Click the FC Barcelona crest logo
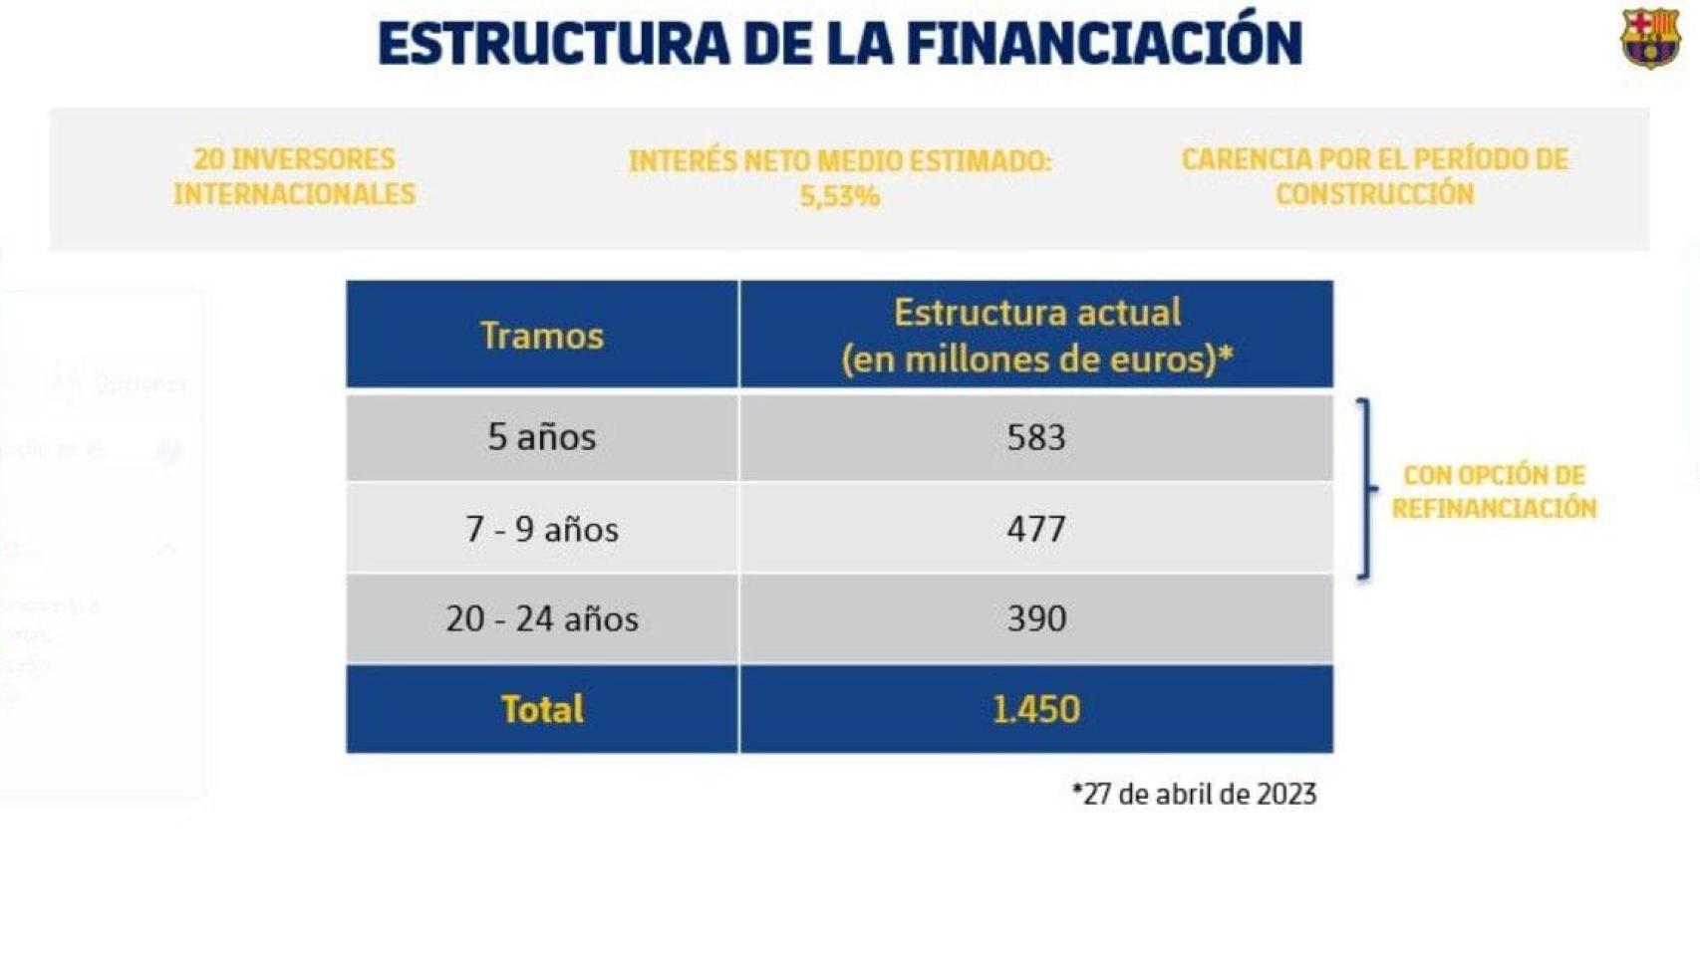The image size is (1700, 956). tap(1649, 38)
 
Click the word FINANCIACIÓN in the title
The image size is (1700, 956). tap(1103, 43)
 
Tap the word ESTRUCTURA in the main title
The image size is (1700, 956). tap(553, 43)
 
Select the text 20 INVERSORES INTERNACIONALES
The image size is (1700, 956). tap(294, 176)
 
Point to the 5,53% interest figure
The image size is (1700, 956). tap(839, 196)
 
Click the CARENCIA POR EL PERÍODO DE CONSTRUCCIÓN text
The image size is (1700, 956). tap(1374, 176)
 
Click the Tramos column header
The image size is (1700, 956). tap(541, 336)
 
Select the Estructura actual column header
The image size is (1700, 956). tap(1036, 336)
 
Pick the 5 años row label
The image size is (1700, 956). tap(541, 437)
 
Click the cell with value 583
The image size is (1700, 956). tap(1036, 437)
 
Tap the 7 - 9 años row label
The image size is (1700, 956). tap(541, 529)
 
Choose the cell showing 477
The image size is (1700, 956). tap(1036, 529)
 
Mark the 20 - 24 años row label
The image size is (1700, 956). tap(541, 618)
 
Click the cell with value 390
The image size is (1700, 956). tap(1036, 618)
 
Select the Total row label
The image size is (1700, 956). tap(541, 709)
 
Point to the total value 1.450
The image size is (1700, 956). tap(1036, 709)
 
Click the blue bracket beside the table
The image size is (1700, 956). tap(1366, 489)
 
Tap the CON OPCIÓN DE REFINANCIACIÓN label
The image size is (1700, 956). tap(1494, 491)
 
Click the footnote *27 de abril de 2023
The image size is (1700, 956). tap(1194, 794)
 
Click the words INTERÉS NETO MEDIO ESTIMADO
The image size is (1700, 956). tap(839, 160)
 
